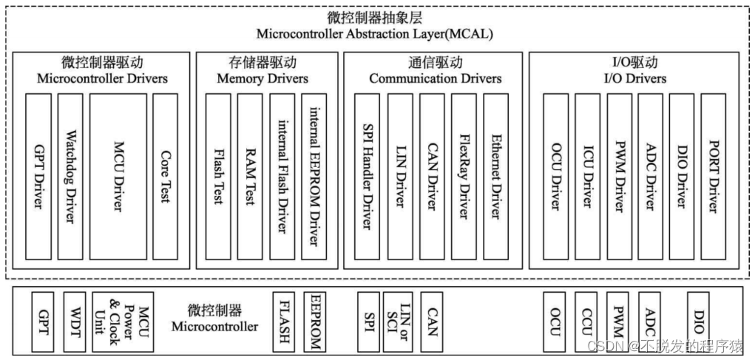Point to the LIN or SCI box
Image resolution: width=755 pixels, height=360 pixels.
pyautogui.click(x=396, y=322)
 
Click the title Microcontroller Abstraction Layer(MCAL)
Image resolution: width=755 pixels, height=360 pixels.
pyautogui.click(x=376, y=35)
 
